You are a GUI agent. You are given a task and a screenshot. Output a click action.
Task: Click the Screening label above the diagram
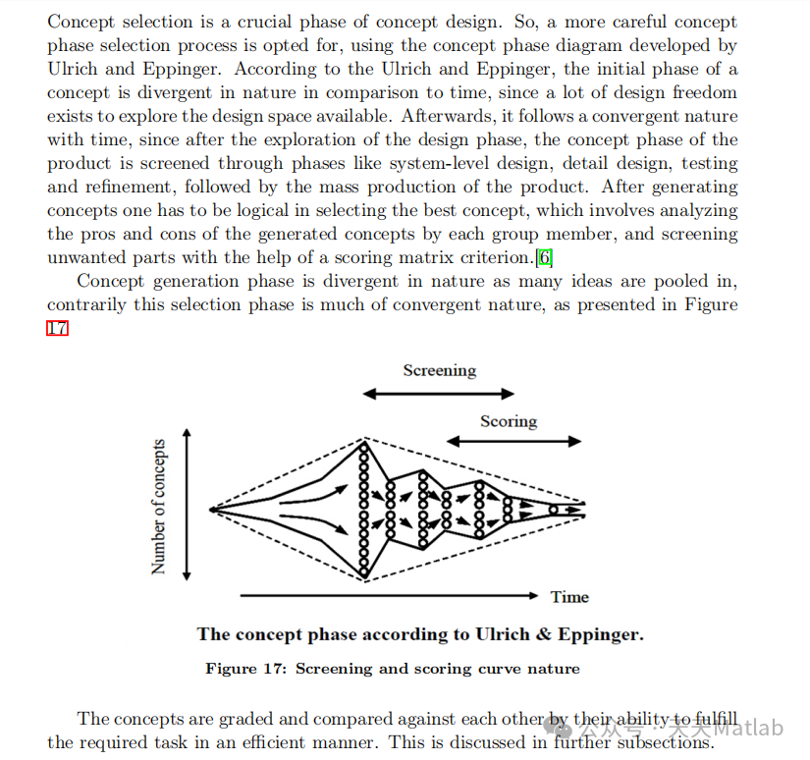click(x=439, y=370)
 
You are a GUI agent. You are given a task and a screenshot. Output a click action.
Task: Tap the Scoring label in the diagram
click(x=508, y=421)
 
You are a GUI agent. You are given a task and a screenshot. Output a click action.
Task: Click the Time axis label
click(x=569, y=596)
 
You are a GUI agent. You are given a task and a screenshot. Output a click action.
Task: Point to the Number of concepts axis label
click(x=159, y=507)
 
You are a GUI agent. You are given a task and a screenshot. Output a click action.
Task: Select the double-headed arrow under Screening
click(x=439, y=394)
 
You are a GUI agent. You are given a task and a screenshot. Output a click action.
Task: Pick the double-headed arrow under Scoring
click(x=508, y=443)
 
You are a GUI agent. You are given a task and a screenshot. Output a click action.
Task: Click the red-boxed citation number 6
click(x=545, y=258)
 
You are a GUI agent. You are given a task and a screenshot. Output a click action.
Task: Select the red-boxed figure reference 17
click(x=57, y=328)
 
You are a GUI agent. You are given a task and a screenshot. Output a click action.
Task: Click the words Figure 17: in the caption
click(x=245, y=669)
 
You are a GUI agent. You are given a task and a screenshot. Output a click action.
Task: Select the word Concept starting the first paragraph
click(x=80, y=22)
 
